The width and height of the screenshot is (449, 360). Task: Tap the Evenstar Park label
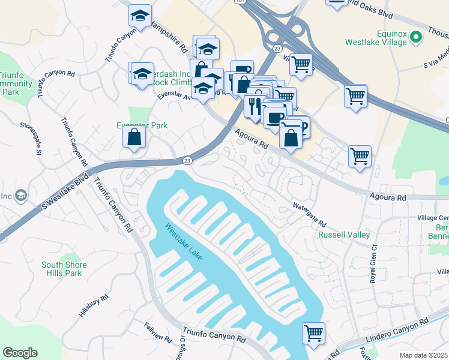142,125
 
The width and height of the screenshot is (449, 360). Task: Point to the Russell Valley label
344,235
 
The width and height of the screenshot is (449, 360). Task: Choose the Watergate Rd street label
309,214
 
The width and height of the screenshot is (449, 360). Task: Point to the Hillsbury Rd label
94,306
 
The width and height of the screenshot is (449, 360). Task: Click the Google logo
20,353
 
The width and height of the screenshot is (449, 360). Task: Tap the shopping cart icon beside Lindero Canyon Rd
313,334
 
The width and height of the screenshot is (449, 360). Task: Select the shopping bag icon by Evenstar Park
134,136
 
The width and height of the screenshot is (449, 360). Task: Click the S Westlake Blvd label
60,191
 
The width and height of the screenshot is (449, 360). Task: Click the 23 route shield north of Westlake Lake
187,160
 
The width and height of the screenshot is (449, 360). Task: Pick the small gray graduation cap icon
21,196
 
